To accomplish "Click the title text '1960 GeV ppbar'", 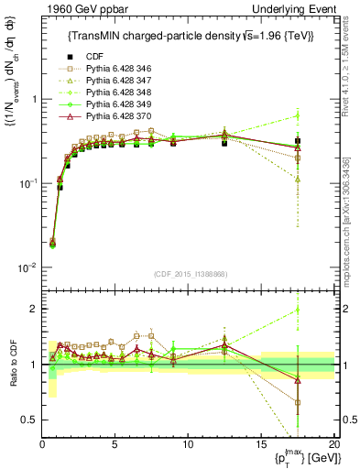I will [76, 8].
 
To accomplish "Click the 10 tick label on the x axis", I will [188, 443].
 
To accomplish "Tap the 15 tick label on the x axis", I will [261, 443].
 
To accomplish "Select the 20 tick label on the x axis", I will [333, 443].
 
